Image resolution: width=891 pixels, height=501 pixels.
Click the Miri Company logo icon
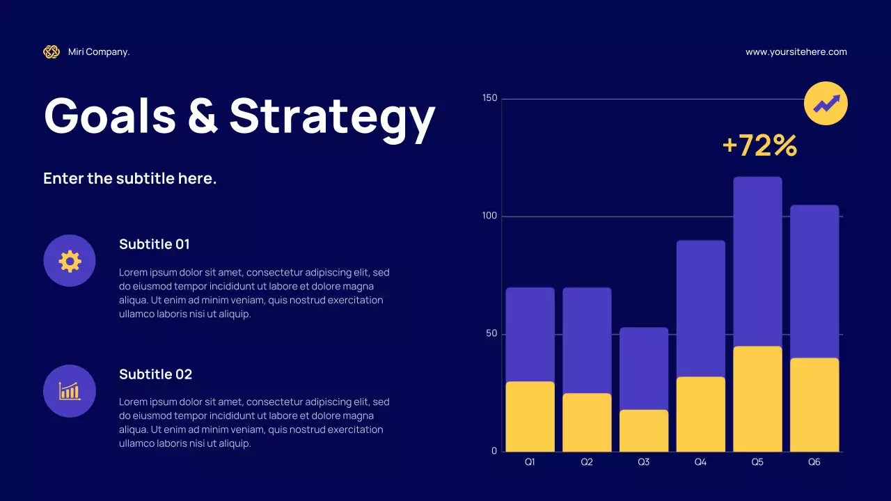[52, 51]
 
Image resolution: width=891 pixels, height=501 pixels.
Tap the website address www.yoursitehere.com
[796, 51]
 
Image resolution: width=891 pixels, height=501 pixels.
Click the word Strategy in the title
[332, 116]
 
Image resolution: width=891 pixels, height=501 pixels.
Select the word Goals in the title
[110, 116]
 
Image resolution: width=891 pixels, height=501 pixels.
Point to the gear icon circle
[70, 261]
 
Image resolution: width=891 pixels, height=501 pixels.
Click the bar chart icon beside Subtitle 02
[70, 391]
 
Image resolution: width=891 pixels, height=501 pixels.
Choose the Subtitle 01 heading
[154, 244]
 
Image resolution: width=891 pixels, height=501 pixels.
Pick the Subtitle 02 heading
[155, 374]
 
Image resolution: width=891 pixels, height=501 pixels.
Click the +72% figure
[759, 145]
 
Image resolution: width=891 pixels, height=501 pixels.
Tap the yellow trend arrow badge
[826, 104]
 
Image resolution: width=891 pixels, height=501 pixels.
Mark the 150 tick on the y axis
[490, 98]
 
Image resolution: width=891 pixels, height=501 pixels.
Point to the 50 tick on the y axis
[492, 334]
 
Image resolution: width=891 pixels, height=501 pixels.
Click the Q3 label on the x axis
[643, 462]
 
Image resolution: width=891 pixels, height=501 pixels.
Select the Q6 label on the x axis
[814, 462]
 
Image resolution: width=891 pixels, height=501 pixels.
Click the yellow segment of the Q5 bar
[757, 399]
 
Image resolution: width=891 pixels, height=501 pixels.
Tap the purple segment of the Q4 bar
[700, 308]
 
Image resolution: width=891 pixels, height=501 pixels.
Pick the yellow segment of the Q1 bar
[530, 416]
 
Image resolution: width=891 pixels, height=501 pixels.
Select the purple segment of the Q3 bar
[643, 368]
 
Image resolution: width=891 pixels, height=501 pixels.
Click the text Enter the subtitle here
[129, 178]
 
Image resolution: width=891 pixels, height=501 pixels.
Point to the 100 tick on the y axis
[490, 216]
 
